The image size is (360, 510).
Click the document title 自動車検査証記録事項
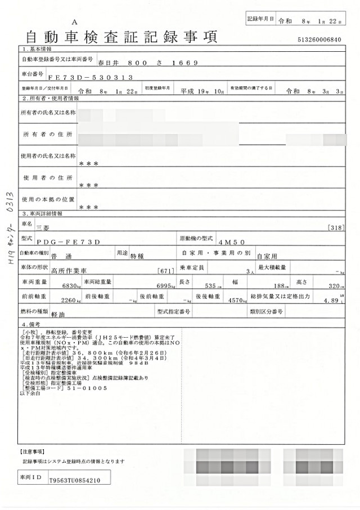(x=121, y=37)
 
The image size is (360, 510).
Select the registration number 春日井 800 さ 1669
(x=147, y=62)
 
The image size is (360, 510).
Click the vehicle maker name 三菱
(x=43, y=227)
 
